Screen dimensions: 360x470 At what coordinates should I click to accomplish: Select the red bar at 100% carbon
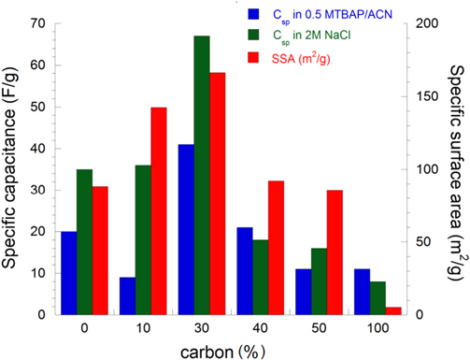[x=393, y=310]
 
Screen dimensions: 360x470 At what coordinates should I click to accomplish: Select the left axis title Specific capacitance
[x=12, y=168]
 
